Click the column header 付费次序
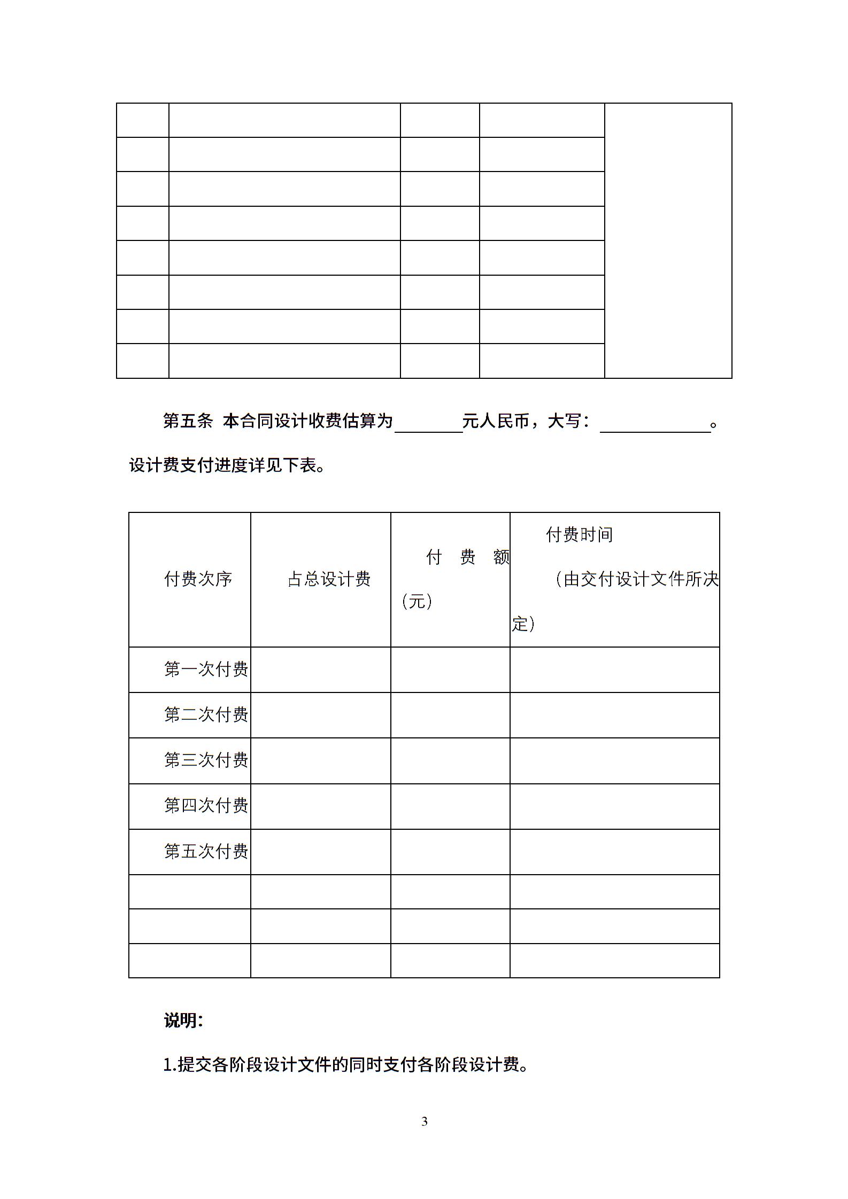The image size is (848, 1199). click(198, 579)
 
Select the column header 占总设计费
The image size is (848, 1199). click(329, 579)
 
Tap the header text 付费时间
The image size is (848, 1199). click(579, 534)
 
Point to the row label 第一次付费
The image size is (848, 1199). click(206, 669)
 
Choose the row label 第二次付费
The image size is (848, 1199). click(206, 714)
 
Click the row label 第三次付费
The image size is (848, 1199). click(206, 760)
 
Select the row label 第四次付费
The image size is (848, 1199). click(206, 805)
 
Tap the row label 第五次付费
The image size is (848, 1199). click(206, 851)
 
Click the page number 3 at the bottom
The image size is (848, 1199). click(425, 1122)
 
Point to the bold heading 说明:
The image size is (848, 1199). click(183, 1021)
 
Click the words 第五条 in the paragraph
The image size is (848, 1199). click(188, 422)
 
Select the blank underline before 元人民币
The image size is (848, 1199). click(428, 425)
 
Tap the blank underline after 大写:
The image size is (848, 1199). click(655, 425)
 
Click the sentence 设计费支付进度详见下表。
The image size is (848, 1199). click(227, 466)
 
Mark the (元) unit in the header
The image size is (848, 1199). click(417, 602)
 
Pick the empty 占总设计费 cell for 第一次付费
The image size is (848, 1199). click(320, 669)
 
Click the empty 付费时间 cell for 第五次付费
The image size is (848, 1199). click(614, 852)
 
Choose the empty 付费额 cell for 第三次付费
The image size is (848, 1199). click(450, 760)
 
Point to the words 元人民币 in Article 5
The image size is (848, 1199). click(496, 422)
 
